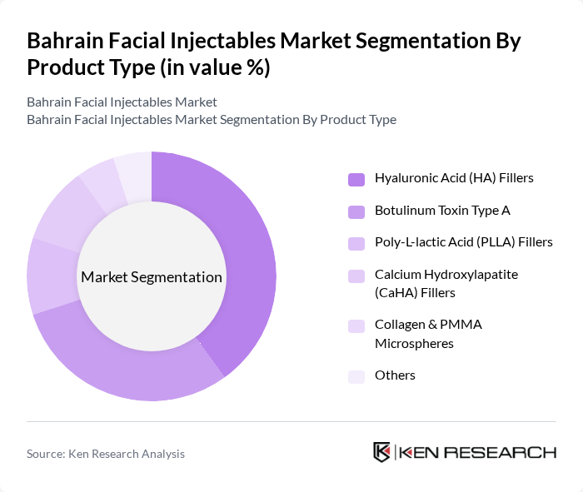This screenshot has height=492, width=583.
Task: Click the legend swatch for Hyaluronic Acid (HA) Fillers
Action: point(356,178)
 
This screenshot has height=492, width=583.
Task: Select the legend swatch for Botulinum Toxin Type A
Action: point(356,211)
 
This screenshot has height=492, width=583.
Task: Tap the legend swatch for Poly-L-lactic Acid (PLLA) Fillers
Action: point(356,242)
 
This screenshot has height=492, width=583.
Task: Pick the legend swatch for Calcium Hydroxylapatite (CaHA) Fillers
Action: point(356,275)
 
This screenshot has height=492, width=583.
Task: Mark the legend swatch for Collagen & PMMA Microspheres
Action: point(356,326)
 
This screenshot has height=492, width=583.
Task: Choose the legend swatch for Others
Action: point(356,376)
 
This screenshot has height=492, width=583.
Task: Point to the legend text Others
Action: point(395,375)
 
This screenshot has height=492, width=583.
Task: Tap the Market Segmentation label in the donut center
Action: point(152,277)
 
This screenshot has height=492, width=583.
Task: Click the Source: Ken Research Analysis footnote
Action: point(106,454)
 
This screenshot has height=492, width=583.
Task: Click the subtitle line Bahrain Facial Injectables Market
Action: point(122,102)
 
